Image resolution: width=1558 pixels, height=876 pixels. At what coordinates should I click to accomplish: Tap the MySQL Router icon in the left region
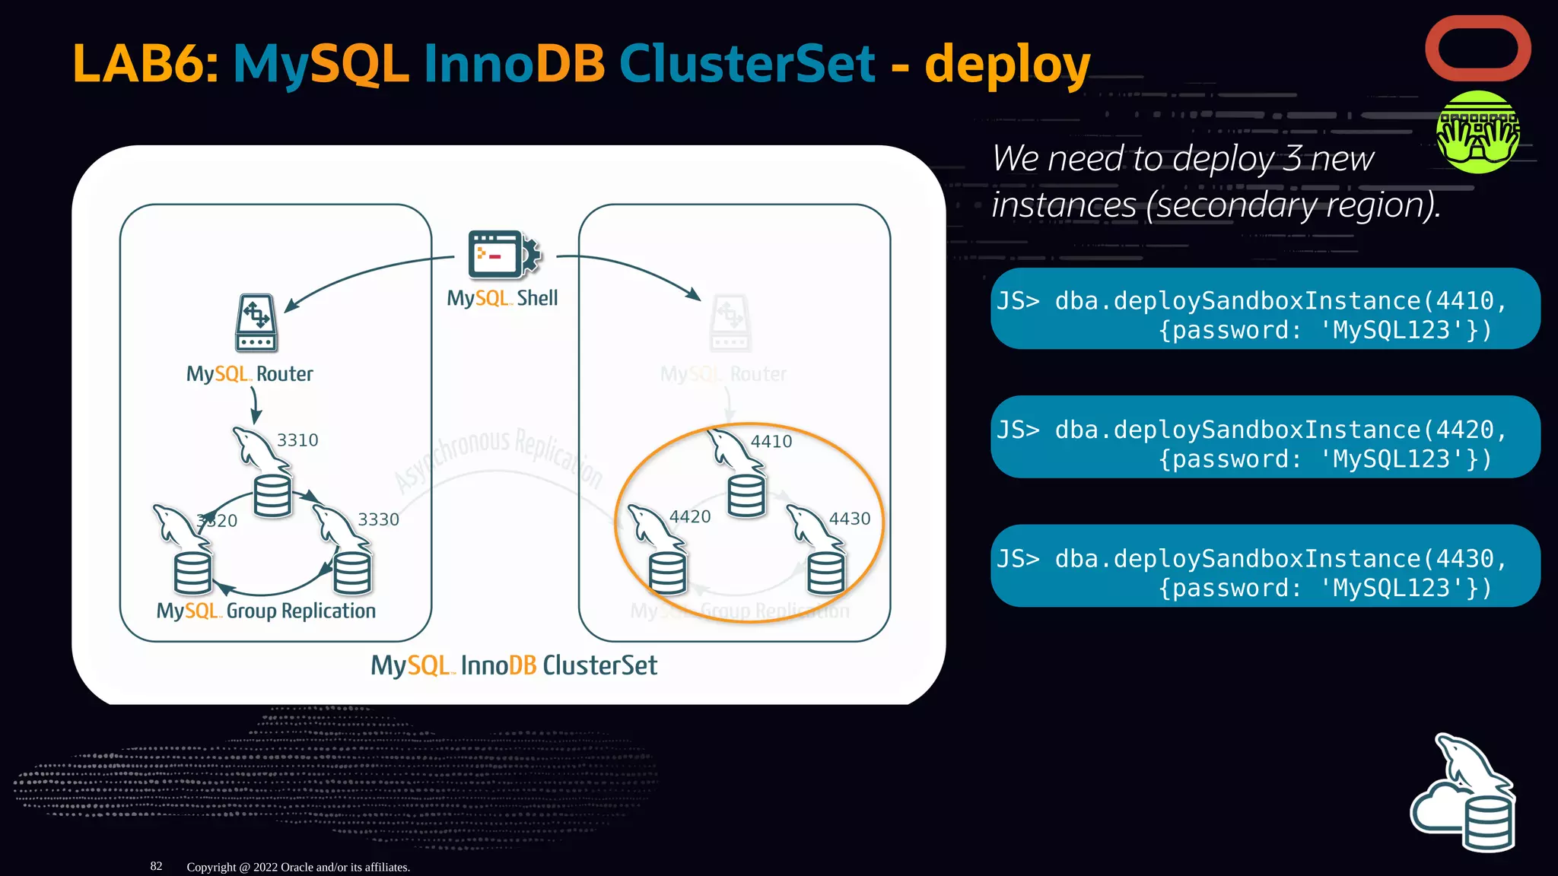256,323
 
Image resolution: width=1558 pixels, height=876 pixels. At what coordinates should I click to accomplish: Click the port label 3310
297,440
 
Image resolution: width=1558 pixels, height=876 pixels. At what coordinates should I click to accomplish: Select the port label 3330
378,519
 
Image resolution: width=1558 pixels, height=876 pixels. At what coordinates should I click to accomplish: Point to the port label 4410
771,442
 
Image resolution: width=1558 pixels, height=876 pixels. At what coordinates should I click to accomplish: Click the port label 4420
689,517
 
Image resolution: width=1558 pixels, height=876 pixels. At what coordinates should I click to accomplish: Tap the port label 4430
849,519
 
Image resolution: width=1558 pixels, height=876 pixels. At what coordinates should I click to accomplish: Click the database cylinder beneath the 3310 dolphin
272,496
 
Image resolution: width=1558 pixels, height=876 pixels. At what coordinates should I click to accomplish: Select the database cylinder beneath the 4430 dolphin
825,573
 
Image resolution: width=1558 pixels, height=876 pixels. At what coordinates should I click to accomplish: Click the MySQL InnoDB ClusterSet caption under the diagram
514,666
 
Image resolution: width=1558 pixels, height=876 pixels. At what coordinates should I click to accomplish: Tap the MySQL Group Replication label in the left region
265,611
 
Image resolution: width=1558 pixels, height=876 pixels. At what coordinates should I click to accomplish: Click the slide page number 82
156,866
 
